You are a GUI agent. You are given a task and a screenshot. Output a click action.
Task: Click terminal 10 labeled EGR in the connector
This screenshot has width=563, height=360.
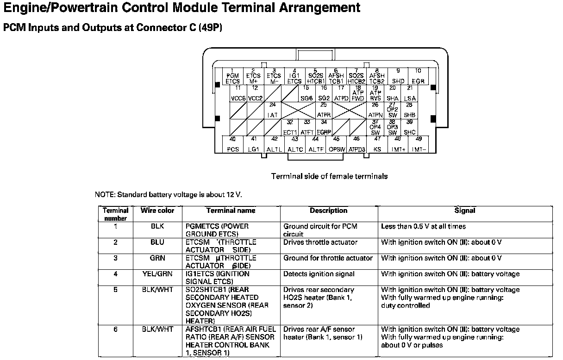pos(418,76)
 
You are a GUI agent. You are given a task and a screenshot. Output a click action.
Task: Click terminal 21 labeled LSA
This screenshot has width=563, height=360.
pos(410,93)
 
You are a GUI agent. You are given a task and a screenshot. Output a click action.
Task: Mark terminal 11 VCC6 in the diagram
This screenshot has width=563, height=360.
pos(238,93)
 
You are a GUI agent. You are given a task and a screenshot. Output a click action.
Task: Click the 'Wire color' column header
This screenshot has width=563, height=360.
pos(157,211)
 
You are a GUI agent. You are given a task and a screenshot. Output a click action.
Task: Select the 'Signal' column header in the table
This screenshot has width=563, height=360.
pos(465,211)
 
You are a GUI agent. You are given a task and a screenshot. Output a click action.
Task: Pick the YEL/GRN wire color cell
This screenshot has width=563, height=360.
pos(157,274)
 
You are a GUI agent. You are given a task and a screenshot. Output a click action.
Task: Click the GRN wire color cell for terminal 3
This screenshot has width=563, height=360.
pos(157,258)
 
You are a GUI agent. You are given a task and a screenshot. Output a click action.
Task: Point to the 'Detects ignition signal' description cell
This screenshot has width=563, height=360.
pos(319,274)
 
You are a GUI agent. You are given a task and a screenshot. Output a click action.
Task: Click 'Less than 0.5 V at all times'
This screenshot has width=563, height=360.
pos(423,227)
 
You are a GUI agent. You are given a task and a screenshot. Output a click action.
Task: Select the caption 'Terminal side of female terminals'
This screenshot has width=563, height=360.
pos(329,176)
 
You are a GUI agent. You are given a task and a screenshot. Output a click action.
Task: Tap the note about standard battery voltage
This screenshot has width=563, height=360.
pos(169,195)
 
